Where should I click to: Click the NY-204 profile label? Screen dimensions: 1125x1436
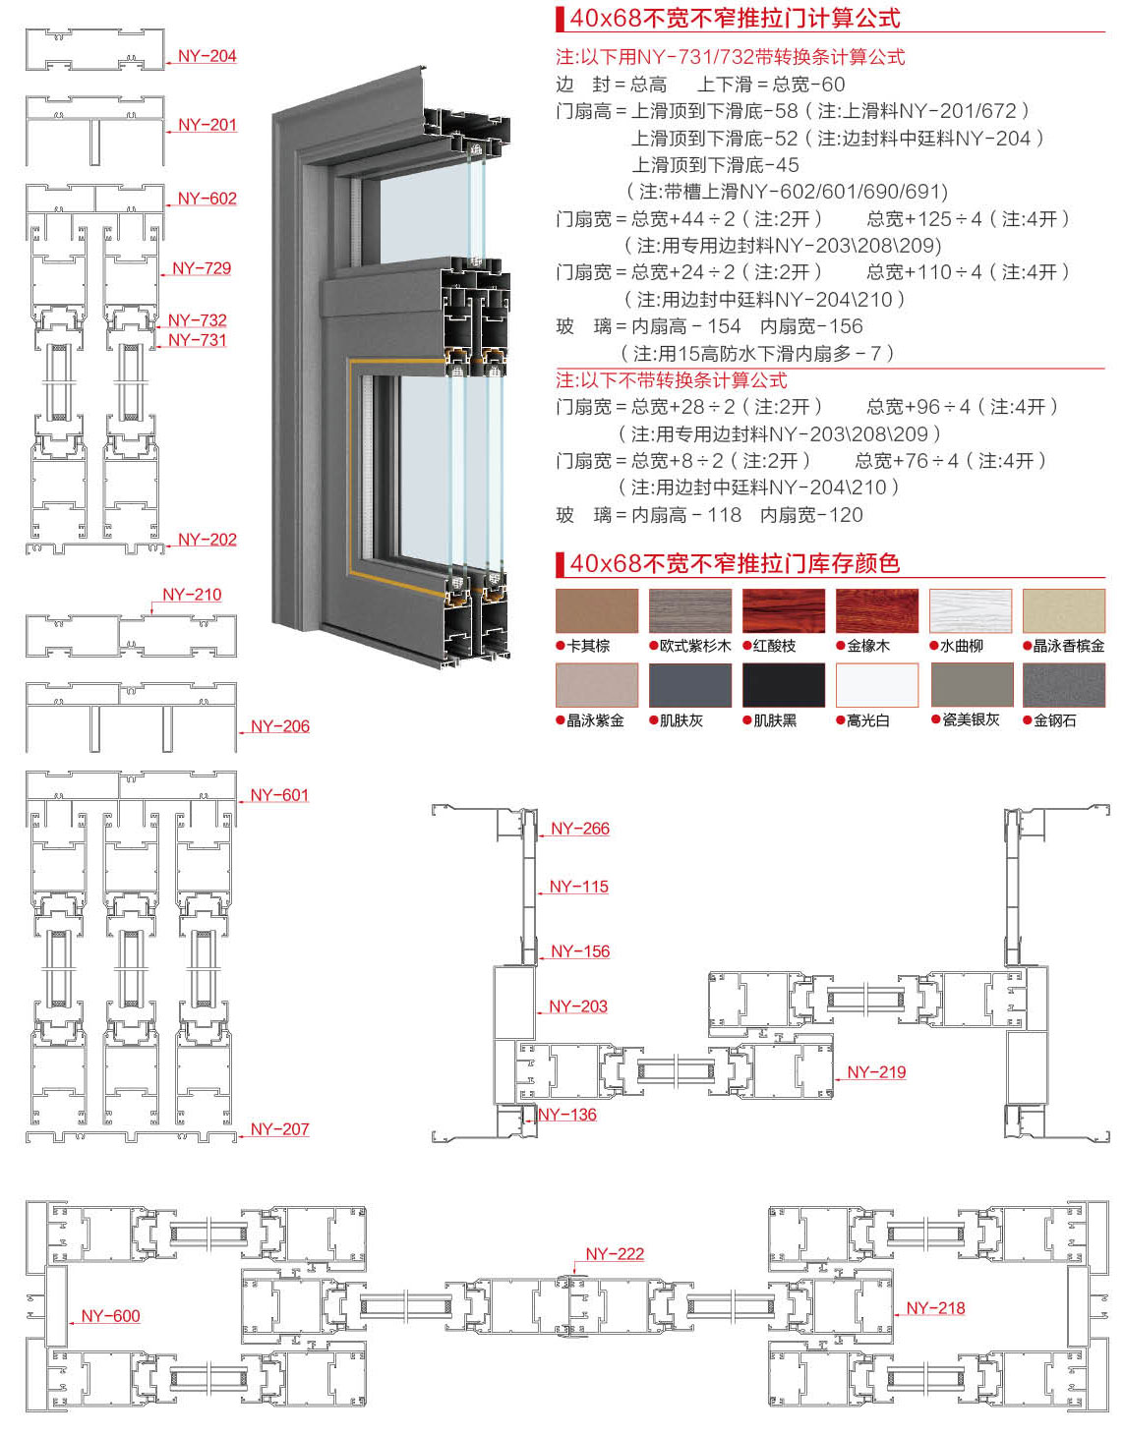(207, 56)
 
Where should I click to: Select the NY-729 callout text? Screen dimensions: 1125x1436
(202, 268)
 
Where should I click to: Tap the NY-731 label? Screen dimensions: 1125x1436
(197, 340)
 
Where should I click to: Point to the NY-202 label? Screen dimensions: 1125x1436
(207, 540)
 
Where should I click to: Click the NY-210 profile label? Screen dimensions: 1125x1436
(192, 594)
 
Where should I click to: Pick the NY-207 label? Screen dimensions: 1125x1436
(279, 1128)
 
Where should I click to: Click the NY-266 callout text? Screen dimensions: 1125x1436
(579, 828)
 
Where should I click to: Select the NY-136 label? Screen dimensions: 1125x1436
(567, 1115)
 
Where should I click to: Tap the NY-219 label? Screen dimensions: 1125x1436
(876, 1072)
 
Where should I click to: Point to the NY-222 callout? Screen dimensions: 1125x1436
(615, 1253)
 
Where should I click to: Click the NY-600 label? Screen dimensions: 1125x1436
(110, 1316)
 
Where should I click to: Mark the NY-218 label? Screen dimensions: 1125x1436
(935, 1308)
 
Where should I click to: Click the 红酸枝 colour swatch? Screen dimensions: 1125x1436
(783, 610)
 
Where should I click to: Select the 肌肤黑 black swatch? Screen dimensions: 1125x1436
(783, 685)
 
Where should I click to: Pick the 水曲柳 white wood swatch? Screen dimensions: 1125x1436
(971, 610)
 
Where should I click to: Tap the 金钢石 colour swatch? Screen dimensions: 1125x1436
(1063, 685)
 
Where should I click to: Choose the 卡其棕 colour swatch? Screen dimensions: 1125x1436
(597, 610)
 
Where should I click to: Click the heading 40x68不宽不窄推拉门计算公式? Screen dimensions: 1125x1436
(735, 18)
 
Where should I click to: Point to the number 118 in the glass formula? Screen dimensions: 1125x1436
(724, 515)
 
